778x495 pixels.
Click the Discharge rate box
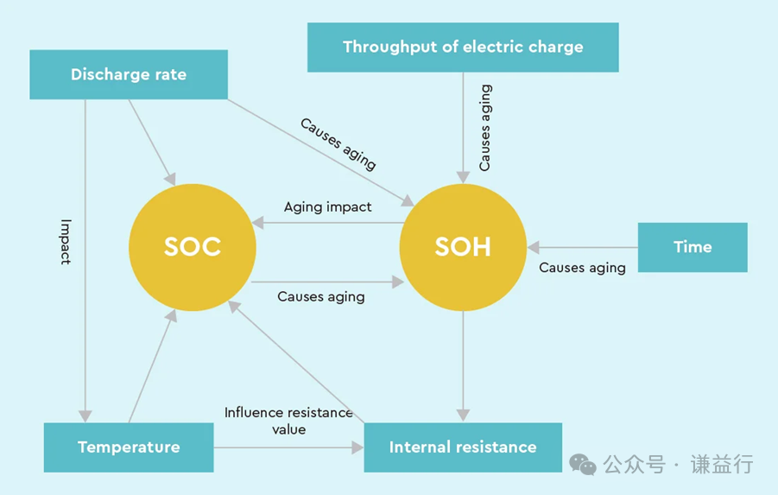point(129,74)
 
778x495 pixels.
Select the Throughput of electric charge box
point(463,47)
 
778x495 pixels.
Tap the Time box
point(693,247)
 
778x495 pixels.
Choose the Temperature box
point(129,447)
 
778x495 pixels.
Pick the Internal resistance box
point(463,447)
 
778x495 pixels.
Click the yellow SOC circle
point(193,247)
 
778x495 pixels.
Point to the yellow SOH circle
point(463,247)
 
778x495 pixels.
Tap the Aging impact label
point(328,207)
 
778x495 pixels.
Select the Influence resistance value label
point(288,421)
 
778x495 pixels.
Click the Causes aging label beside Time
point(582,268)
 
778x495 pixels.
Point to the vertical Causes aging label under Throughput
point(485,127)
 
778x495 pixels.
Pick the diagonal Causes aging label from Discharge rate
point(338,143)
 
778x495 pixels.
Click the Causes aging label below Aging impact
point(320,296)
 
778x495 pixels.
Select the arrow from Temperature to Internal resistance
point(288,447)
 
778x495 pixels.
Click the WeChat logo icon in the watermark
point(583,465)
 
